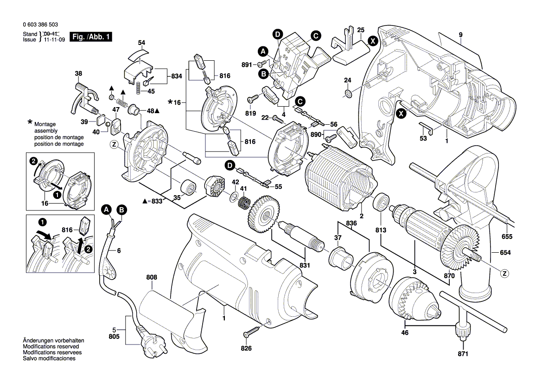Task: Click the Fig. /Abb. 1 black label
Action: click(x=90, y=37)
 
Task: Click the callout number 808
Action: click(x=152, y=277)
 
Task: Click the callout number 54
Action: click(x=141, y=43)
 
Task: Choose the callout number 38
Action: click(x=78, y=73)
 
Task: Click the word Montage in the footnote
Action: click(x=45, y=125)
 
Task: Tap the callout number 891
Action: click(x=247, y=64)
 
